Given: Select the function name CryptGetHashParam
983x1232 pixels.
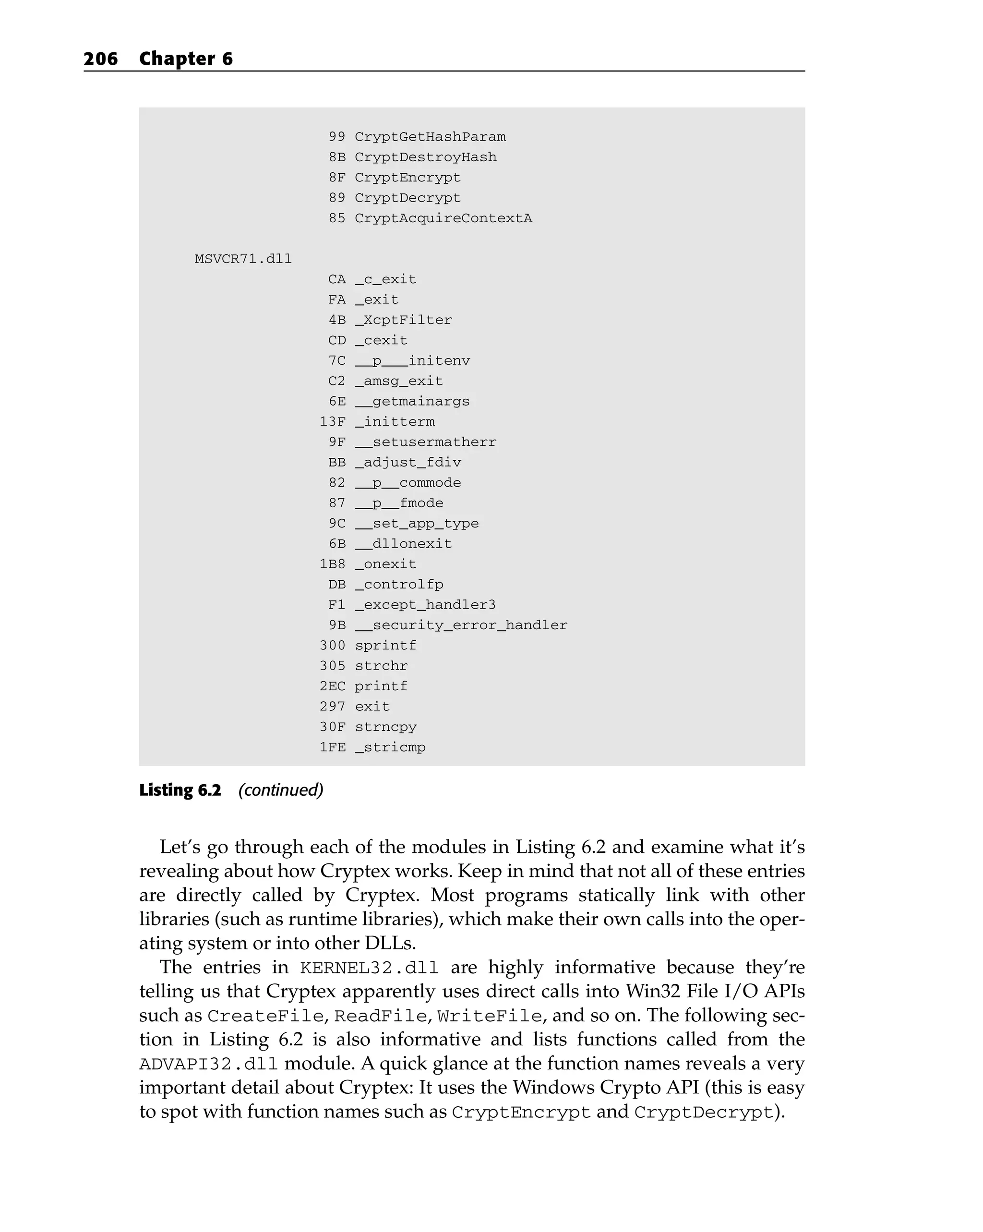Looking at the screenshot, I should point(430,137).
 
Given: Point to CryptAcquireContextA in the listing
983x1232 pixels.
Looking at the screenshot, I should point(443,218).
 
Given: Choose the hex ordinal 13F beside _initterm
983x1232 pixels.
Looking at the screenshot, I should point(333,422).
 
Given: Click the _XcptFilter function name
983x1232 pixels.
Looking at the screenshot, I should point(403,320).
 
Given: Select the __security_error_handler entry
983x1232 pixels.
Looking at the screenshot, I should point(461,625).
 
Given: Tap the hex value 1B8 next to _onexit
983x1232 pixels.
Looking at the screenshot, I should point(333,564).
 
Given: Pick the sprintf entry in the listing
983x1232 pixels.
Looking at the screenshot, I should point(385,646).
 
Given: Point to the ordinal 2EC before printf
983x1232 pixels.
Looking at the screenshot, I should point(333,686).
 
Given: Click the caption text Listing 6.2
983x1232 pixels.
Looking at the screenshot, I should point(180,790).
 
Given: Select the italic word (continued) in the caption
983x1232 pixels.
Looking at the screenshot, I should point(281,790).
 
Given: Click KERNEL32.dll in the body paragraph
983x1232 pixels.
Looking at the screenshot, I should point(369,969).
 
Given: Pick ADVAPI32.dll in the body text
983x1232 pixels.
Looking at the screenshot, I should point(209,1065).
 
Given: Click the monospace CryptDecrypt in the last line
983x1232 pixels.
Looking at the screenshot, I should point(703,1112).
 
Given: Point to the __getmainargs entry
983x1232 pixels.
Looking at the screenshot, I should point(412,402).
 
